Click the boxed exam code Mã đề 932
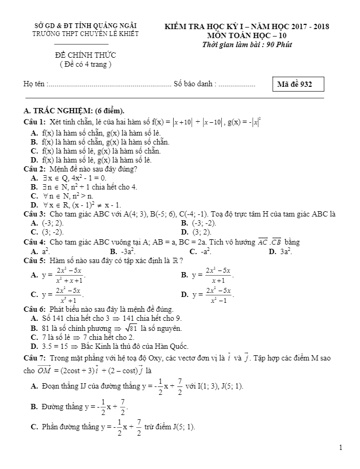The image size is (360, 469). coord(298,85)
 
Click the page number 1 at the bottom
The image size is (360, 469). coord(341,448)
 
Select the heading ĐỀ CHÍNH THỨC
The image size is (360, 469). coord(85,55)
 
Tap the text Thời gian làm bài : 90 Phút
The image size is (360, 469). coord(247,44)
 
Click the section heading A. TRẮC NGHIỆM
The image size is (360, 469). coord(75,111)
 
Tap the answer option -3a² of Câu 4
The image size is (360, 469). coord(122,251)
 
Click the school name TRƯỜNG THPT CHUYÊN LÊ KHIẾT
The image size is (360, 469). coord(85,33)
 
